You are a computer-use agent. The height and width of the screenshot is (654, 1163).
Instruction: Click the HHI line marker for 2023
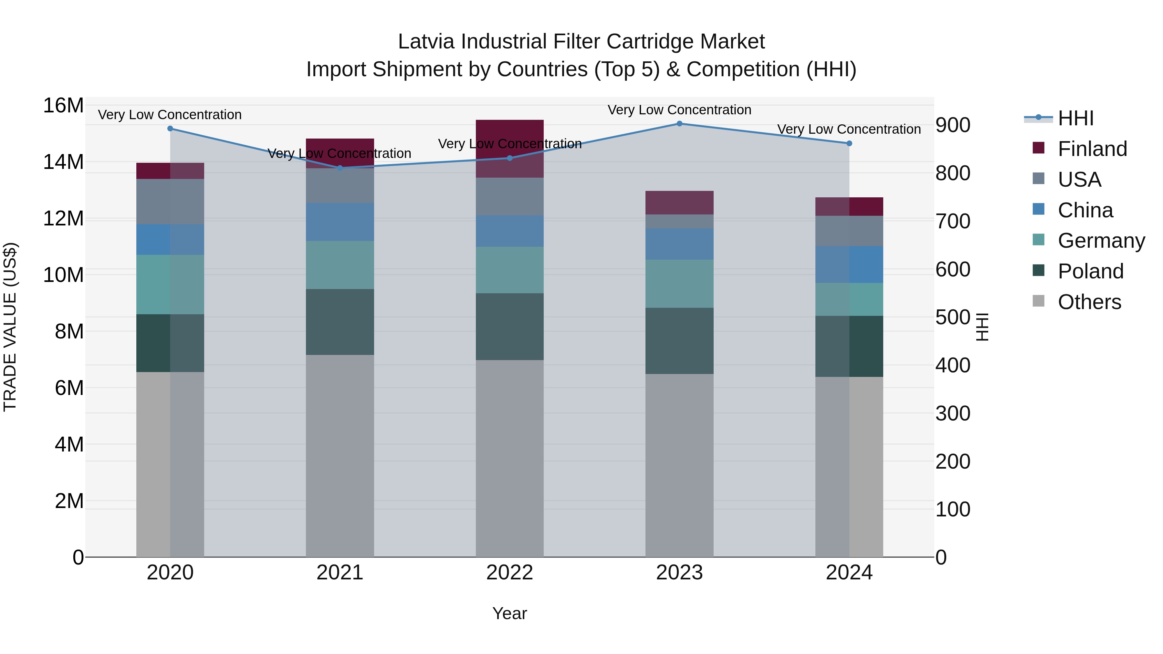click(679, 124)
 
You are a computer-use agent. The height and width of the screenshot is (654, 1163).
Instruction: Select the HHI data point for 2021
click(340, 168)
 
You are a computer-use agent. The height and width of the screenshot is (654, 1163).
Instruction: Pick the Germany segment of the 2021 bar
click(340, 265)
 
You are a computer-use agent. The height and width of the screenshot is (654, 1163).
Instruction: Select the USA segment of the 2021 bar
click(340, 185)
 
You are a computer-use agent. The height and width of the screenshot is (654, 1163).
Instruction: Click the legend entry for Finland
click(1092, 149)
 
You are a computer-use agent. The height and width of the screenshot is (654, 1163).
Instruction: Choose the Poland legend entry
click(1090, 271)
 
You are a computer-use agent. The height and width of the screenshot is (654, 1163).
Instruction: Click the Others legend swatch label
click(1089, 302)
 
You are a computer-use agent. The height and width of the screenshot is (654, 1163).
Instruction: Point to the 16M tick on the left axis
click(63, 106)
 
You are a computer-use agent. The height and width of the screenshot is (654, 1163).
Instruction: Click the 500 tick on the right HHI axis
click(953, 317)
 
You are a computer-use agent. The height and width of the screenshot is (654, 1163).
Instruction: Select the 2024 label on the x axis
click(849, 573)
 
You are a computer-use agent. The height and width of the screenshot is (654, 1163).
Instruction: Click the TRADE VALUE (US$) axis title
click(10, 327)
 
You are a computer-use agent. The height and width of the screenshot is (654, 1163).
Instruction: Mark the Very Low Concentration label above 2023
click(679, 110)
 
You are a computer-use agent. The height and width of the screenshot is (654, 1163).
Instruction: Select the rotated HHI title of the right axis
click(982, 327)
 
